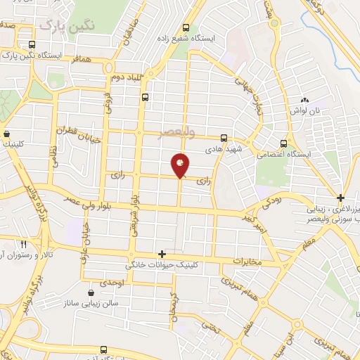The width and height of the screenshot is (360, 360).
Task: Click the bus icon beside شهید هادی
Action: [224, 138]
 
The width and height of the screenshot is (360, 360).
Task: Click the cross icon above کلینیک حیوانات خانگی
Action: [162, 254]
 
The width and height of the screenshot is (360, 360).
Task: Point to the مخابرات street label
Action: [246, 262]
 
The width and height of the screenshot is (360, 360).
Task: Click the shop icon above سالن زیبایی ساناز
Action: [91, 293]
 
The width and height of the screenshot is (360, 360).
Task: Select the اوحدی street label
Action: [112, 283]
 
